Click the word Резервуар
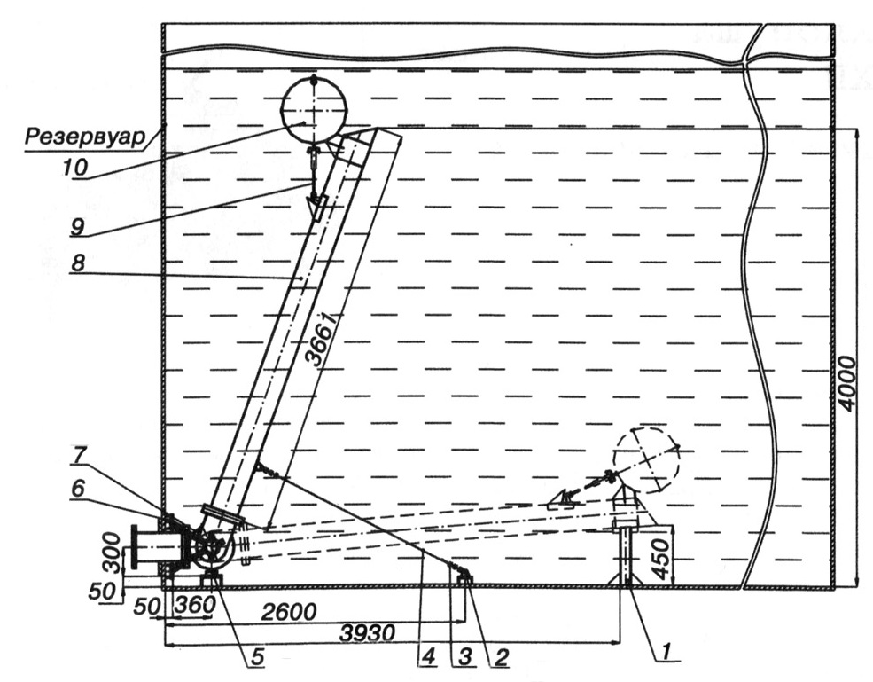point(83,137)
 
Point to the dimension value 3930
point(369,633)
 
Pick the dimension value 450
point(661,559)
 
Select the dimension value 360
point(192,604)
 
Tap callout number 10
point(74,167)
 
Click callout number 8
point(78,263)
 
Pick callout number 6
point(78,489)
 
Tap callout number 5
point(258,657)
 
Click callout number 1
point(666,650)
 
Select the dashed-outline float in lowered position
point(646,460)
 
